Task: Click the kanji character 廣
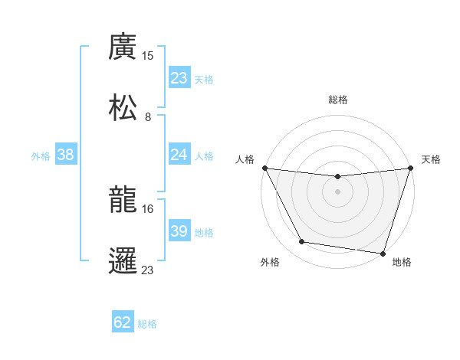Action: click(x=123, y=47)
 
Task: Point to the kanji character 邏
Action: click(x=123, y=260)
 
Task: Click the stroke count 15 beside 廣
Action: click(x=148, y=56)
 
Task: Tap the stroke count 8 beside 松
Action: click(x=148, y=117)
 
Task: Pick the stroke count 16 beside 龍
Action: click(x=148, y=208)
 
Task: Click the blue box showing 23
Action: click(x=179, y=78)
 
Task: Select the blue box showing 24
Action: click(x=179, y=155)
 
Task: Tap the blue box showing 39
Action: click(x=179, y=231)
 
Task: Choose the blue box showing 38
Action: click(x=66, y=155)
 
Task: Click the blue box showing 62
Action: click(x=123, y=322)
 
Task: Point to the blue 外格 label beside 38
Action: click(x=41, y=155)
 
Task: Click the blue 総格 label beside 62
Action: click(x=147, y=323)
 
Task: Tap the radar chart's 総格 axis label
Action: click(x=337, y=100)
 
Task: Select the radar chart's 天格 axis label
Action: click(x=431, y=159)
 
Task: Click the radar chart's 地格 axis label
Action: click(x=402, y=262)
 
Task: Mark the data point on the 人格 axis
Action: click(x=264, y=168)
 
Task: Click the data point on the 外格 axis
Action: click(x=302, y=242)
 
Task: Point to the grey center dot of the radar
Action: click(x=337, y=191)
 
